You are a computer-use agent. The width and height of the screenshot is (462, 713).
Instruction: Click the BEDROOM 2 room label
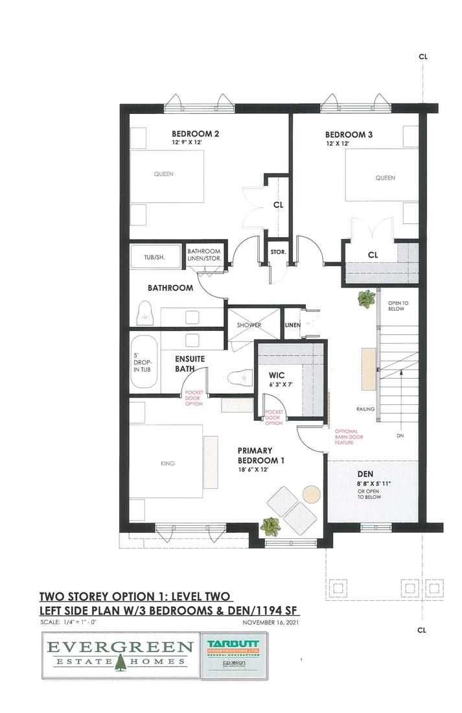pyautogui.click(x=195, y=134)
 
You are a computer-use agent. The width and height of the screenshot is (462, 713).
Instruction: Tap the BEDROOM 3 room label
pyautogui.click(x=349, y=135)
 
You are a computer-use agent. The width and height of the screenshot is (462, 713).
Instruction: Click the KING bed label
pyautogui.click(x=168, y=463)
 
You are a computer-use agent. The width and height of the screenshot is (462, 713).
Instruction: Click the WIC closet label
pyautogui.click(x=277, y=375)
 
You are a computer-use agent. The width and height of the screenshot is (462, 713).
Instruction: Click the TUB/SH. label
pyautogui.click(x=154, y=257)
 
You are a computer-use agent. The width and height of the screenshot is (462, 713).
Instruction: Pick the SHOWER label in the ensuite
pyautogui.click(x=248, y=325)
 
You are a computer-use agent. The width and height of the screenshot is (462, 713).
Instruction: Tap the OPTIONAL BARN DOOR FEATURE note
pyautogui.click(x=351, y=438)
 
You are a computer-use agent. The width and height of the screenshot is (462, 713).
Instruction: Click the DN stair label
pyautogui.click(x=400, y=436)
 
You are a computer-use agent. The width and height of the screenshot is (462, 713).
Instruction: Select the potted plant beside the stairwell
pyautogui.click(x=366, y=299)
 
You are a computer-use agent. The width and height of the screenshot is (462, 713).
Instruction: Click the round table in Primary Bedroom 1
pyautogui.click(x=312, y=494)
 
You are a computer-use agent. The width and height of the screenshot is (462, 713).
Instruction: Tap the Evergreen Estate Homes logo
pyautogui.click(x=119, y=653)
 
